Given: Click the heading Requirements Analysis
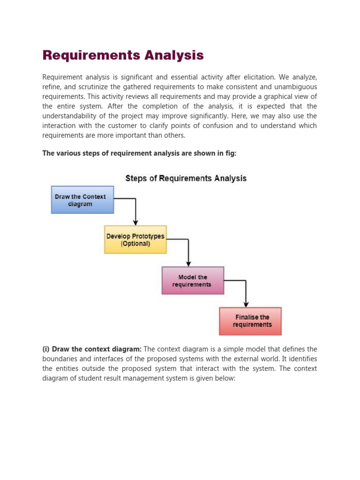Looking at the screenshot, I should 123,55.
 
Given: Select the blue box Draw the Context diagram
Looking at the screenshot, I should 82,200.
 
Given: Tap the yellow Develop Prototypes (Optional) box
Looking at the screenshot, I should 135,240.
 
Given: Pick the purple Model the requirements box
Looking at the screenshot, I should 193,280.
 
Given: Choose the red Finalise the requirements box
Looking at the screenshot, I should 250,321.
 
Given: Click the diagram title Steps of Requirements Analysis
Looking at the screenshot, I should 186,178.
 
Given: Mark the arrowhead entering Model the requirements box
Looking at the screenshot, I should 188,263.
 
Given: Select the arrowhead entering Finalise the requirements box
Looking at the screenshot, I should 246,304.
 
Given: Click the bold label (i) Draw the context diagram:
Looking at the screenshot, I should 92,349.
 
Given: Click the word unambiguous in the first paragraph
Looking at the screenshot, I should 294,87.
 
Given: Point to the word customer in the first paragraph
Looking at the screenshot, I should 140,126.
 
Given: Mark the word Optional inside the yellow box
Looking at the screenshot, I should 135,244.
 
